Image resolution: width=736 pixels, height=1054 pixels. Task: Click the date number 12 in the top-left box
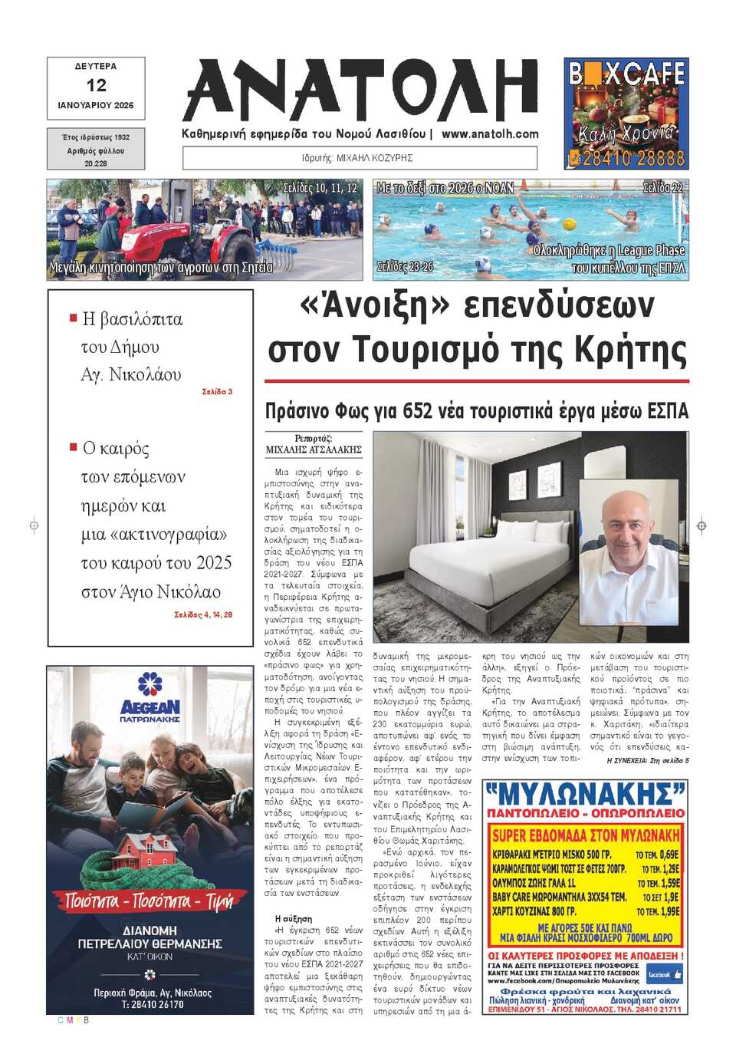click(96, 85)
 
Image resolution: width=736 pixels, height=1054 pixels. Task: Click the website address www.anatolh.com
click(490, 133)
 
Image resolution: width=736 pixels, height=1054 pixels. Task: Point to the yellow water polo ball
click(568, 224)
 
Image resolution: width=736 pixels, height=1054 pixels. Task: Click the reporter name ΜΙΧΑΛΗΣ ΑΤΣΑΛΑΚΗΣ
click(314, 450)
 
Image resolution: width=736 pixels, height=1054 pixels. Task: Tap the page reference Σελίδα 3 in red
click(217, 391)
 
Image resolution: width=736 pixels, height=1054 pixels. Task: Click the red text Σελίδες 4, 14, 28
click(203, 614)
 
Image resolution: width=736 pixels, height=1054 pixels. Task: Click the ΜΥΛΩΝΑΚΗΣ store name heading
click(584, 794)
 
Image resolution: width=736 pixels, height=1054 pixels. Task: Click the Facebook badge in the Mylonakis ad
click(664, 974)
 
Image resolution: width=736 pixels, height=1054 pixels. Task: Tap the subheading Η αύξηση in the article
click(293, 918)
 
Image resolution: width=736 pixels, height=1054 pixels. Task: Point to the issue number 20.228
click(96, 163)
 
